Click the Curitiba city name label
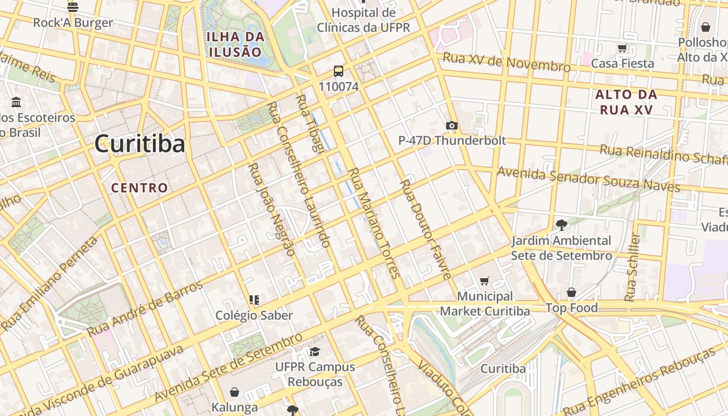(x=139, y=144)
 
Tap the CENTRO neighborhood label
(x=139, y=188)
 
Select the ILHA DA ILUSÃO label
(x=236, y=44)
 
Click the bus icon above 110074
(x=339, y=71)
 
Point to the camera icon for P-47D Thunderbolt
(x=451, y=125)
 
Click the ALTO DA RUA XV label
(x=626, y=102)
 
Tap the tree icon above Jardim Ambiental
(x=561, y=225)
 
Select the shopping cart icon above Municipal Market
(x=485, y=281)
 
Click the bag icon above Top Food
(x=571, y=293)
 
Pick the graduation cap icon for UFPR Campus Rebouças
(x=315, y=352)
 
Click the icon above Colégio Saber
(x=254, y=300)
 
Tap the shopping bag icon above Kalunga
(x=235, y=392)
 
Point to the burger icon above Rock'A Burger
(x=73, y=7)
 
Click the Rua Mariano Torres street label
(x=373, y=223)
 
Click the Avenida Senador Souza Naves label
(x=588, y=179)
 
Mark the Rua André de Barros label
(x=145, y=308)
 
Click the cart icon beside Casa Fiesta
(x=622, y=48)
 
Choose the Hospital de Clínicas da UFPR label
(x=363, y=20)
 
